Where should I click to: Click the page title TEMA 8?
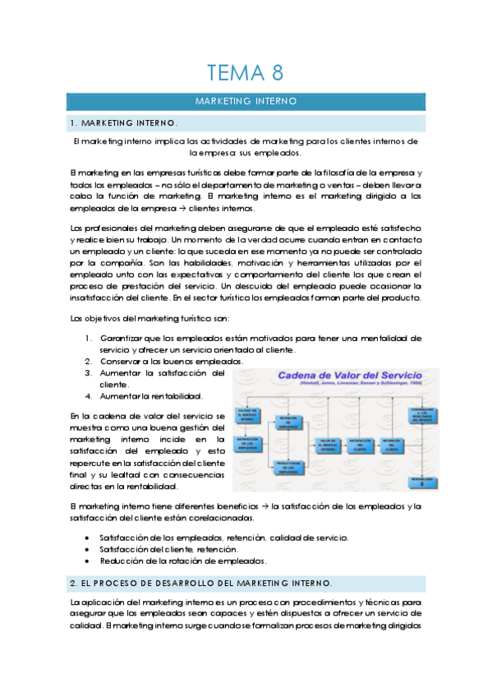246,73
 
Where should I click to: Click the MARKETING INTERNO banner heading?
246,102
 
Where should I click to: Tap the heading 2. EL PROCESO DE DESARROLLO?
201,583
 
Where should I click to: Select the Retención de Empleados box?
292,422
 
